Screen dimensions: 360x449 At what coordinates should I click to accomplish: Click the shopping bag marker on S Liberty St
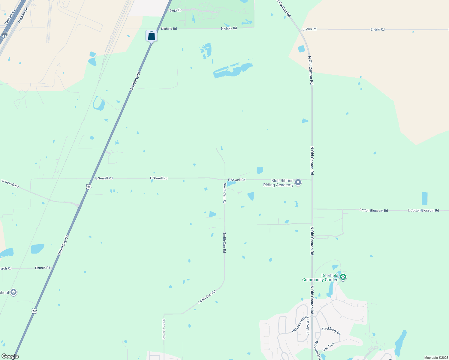click(x=152, y=36)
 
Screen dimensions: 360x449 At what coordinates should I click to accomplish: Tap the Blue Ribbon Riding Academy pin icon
click(x=298, y=182)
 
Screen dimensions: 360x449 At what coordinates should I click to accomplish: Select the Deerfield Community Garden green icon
click(x=343, y=277)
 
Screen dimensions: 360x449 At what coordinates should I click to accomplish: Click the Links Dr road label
click(x=176, y=10)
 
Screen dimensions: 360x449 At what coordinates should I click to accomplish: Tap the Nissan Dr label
click(x=23, y=15)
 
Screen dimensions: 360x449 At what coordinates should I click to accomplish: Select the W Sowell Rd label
click(x=10, y=184)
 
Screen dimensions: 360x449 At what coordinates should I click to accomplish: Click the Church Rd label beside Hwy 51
click(x=43, y=268)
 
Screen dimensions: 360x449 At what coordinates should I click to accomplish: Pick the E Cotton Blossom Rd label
click(x=423, y=211)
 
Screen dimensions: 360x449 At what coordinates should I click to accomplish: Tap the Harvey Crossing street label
click(x=300, y=324)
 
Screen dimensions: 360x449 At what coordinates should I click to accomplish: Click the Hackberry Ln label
click(x=331, y=331)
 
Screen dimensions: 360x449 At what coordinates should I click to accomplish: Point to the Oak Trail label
click(x=328, y=347)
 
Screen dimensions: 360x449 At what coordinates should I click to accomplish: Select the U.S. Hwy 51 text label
click(x=63, y=245)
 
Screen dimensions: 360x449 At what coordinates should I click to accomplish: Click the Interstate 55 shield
click(x=4, y=35)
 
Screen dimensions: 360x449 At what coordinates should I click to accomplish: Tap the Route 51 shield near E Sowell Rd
click(x=89, y=187)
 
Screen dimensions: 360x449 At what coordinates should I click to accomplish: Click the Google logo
click(x=10, y=356)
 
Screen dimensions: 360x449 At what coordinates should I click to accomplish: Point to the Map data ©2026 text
click(x=436, y=358)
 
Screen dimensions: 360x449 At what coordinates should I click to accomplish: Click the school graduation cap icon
click(x=13, y=292)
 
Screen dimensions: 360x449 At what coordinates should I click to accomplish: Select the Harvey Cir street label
click(x=308, y=327)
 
